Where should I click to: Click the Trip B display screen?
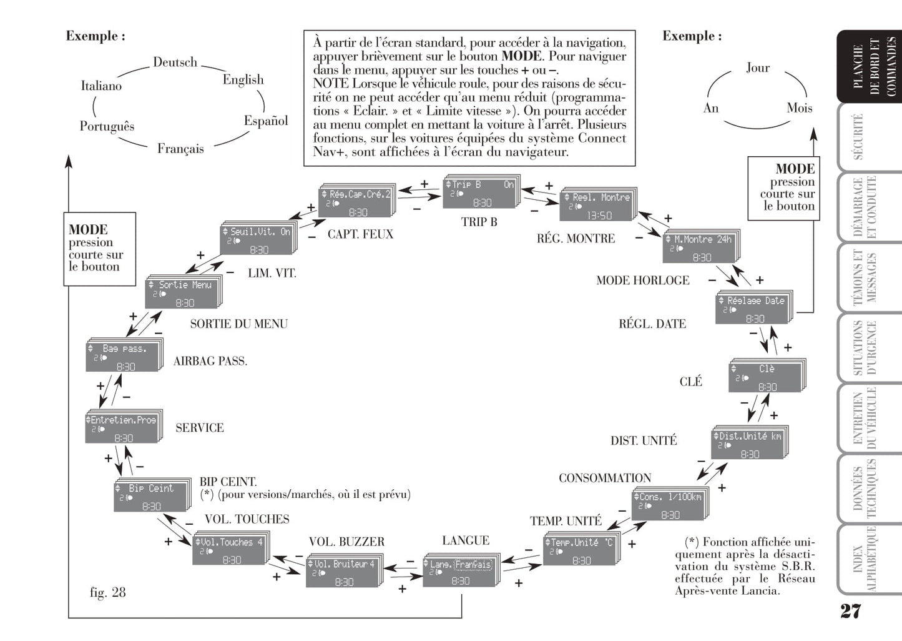[x=480, y=194]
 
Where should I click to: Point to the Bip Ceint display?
[x=150, y=497]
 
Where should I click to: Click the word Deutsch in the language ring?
[x=175, y=62]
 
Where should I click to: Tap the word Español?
[x=266, y=121]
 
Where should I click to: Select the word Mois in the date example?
[x=799, y=108]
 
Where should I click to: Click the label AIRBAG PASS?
[x=210, y=361]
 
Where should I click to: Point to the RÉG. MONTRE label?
[x=576, y=239]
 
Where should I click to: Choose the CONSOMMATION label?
[x=604, y=478]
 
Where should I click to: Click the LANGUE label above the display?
[x=466, y=540]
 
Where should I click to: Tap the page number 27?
[x=850, y=610]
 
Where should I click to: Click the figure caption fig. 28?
[x=107, y=592]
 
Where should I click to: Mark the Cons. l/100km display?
[x=669, y=505]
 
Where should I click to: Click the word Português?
[x=107, y=126]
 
